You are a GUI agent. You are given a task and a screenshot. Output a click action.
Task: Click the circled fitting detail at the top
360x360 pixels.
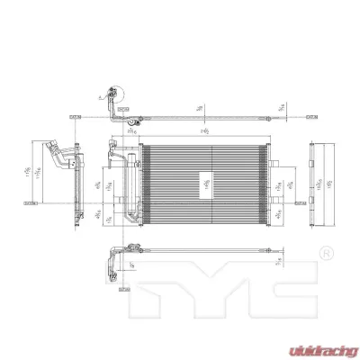click(112, 94)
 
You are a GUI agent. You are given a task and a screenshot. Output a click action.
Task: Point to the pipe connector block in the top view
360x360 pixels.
click(129, 117)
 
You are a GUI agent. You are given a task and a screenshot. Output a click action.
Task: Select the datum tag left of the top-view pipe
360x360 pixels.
click(75, 116)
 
